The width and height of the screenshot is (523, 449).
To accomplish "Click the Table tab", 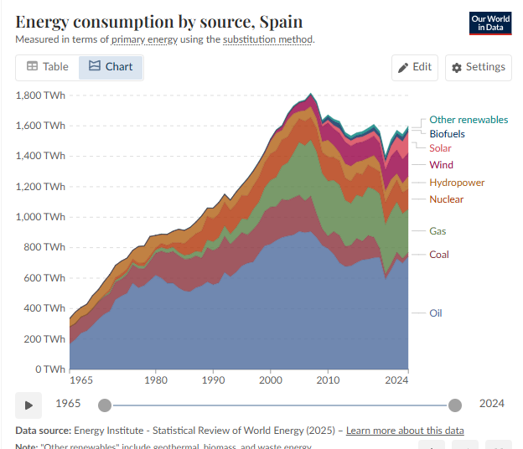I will coord(48,67).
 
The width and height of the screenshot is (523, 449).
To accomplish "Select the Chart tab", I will coord(111,67).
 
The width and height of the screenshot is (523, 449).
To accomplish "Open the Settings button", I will coord(478,67).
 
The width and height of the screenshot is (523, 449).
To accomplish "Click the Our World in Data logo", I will coord(490,23).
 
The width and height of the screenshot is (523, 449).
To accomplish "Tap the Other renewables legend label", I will coord(469,120).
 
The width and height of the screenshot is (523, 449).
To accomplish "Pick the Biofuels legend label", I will coord(447,134).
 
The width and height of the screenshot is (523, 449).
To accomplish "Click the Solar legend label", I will coord(440,148).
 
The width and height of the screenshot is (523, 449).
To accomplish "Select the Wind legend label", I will coord(441,165).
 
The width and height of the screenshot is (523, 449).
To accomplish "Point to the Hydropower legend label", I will coord(457,183).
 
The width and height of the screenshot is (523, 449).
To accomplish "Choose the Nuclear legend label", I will coord(446,199).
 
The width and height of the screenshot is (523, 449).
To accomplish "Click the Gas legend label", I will coord(438,231).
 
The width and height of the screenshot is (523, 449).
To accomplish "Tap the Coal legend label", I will coord(439,255).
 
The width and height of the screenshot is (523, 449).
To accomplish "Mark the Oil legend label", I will coord(435,313).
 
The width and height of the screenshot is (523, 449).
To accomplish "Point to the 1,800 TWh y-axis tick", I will coord(40,95).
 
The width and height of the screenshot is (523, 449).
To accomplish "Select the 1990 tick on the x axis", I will coord(213,379).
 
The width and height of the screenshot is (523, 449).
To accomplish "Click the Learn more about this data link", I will coord(405,431).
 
